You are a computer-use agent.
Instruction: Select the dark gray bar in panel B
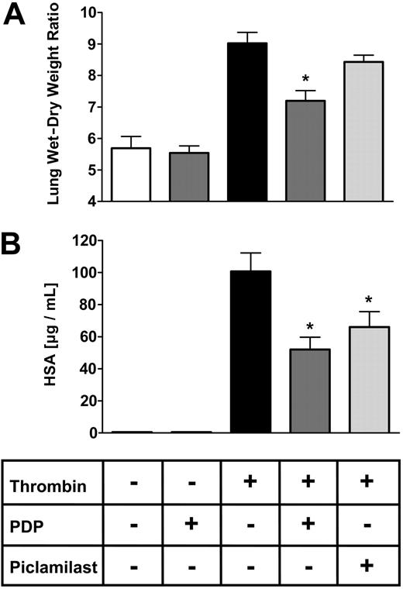point(309,391)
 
